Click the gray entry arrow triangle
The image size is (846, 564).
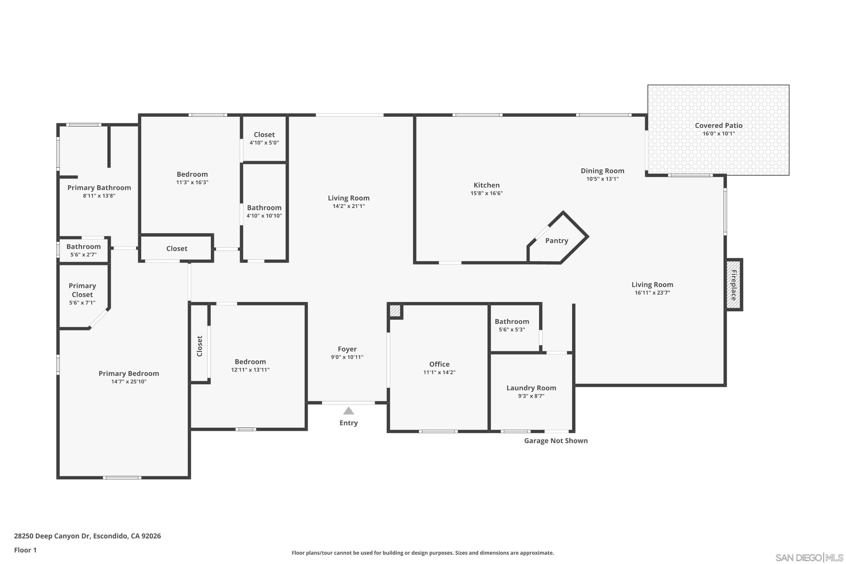(348, 411)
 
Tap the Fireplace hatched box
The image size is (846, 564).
(733, 284)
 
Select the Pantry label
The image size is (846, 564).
(556, 241)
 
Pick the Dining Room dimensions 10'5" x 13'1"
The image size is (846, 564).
(602, 179)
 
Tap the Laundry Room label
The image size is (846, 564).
(531, 388)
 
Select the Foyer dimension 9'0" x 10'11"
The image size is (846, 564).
(347, 357)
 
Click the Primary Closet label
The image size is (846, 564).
(82, 290)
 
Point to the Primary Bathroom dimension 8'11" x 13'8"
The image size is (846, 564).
(99, 196)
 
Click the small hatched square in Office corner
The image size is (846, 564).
(395, 311)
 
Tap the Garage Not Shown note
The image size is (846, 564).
(555, 441)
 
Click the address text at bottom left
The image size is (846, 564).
(87, 536)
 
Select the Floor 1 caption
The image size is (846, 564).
(25, 550)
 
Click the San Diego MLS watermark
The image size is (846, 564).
(809, 558)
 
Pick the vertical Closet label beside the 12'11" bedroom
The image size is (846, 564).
(200, 346)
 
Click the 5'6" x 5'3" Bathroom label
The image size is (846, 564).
(511, 322)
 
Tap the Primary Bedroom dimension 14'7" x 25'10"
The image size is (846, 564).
(129, 382)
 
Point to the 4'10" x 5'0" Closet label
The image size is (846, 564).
(264, 135)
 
